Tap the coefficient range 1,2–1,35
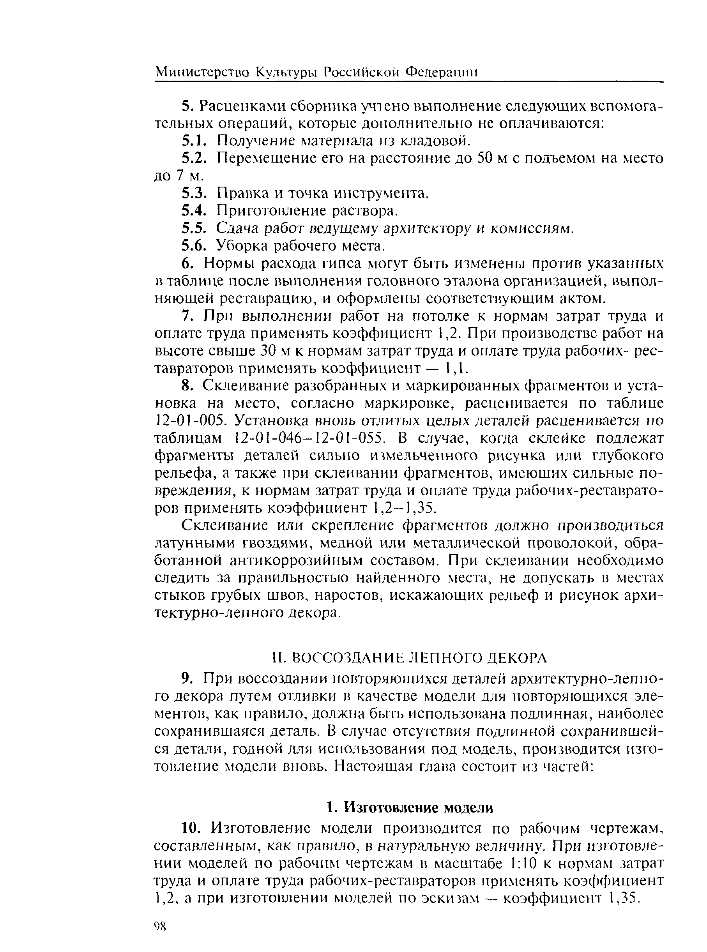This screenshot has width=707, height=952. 405,508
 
